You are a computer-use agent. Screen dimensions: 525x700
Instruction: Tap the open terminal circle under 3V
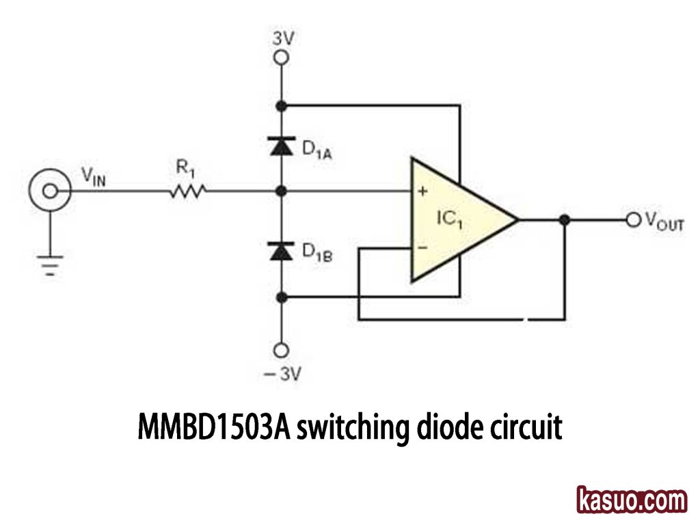pyautogui.click(x=280, y=59)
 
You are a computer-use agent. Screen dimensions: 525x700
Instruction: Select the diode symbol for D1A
pyautogui.click(x=280, y=146)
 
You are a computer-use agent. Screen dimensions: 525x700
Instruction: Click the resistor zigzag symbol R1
pyautogui.click(x=187, y=192)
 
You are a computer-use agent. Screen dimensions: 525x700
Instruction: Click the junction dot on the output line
pyautogui.click(x=565, y=219)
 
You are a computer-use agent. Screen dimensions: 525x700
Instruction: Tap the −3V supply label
pyautogui.click(x=282, y=374)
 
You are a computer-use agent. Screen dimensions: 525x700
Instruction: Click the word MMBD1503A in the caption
pyautogui.click(x=214, y=427)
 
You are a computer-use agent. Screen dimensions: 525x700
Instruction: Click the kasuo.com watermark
pyautogui.click(x=631, y=500)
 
